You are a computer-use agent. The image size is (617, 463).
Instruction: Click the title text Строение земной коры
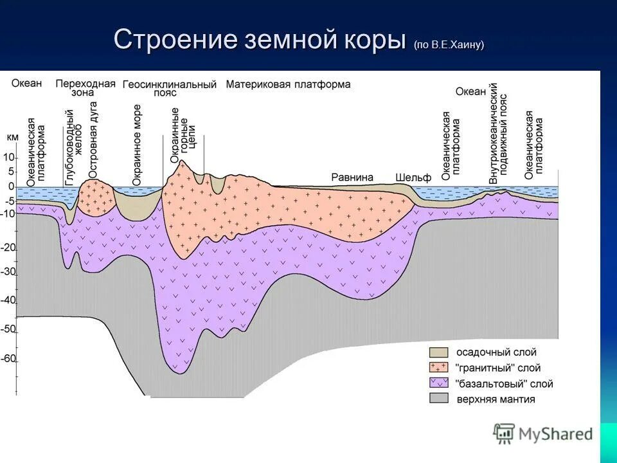point(260,40)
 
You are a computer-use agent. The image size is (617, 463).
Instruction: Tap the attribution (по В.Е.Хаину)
point(449,44)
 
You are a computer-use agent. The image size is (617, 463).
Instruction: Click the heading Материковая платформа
point(288,84)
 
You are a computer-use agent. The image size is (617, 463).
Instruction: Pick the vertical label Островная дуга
point(94,140)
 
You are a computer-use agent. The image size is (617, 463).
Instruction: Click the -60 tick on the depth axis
point(8,359)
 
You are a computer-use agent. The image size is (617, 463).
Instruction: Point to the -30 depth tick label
point(8,271)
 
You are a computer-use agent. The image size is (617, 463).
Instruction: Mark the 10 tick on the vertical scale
point(9,157)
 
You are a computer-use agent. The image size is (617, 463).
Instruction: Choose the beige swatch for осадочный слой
point(439,352)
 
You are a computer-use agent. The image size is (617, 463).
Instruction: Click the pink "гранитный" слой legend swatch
point(439,368)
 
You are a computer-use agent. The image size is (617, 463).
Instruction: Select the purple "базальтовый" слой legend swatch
point(439,383)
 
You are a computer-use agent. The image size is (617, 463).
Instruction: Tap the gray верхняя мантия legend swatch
point(439,399)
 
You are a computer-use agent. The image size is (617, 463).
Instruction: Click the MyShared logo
point(543,433)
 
